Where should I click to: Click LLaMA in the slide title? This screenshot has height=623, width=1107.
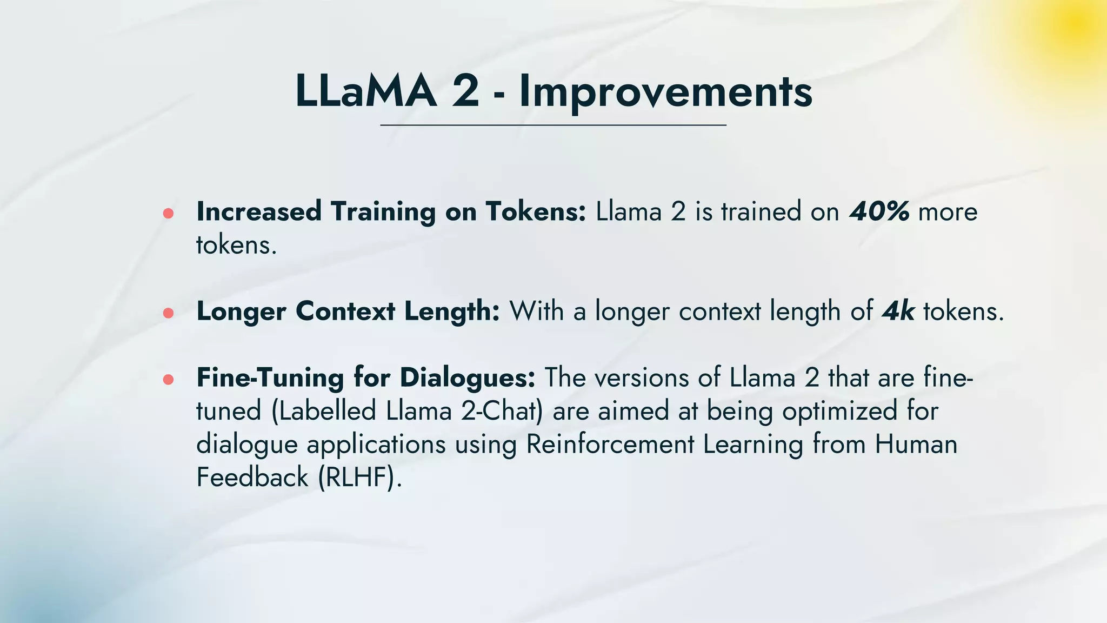(x=365, y=91)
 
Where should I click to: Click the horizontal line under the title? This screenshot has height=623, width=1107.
(x=553, y=125)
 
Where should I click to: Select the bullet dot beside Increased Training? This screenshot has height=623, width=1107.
(x=168, y=214)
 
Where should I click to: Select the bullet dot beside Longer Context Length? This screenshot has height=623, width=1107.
(x=168, y=313)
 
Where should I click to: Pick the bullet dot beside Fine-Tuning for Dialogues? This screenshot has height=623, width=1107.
(x=168, y=380)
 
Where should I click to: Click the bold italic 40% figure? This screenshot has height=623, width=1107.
(x=879, y=211)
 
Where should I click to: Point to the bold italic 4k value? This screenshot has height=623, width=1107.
(x=898, y=311)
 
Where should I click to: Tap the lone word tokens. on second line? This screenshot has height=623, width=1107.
(x=236, y=246)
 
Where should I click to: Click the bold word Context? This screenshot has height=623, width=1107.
(x=345, y=311)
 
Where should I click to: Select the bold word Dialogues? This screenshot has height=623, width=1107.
(x=467, y=377)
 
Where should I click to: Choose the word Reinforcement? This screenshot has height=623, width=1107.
(x=610, y=445)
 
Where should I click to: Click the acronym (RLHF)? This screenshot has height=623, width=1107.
(x=360, y=478)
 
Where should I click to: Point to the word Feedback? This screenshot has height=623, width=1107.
(x=252, y=478)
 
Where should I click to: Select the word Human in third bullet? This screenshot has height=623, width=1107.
(x=916, y=445)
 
